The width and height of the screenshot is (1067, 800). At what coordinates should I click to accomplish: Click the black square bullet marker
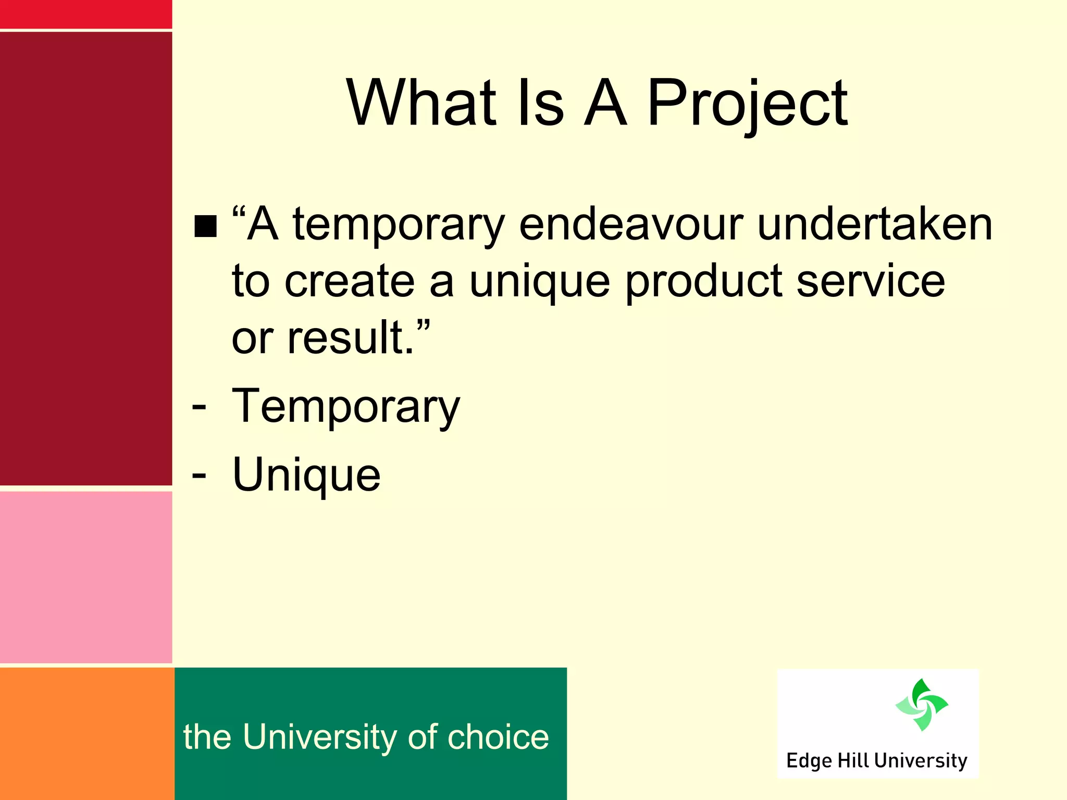point(205,227)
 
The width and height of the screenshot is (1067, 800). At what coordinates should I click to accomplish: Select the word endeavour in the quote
point(631,224)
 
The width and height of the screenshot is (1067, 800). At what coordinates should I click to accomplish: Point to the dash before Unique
point(199,474)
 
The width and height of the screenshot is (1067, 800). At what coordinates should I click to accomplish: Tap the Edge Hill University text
point(876,761)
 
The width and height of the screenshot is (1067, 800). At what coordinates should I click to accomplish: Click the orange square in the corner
point(86,733)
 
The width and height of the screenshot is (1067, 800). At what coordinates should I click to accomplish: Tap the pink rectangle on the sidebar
point(86,577)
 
